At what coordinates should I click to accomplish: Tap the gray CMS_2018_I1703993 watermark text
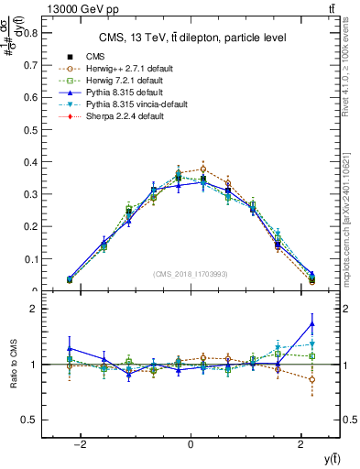click(191, 275)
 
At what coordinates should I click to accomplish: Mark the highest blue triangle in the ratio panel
click(312, 323)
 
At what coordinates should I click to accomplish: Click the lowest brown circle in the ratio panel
click(312, 379)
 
